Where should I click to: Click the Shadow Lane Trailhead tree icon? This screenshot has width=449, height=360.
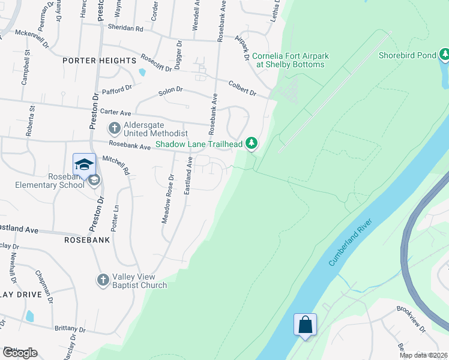253,143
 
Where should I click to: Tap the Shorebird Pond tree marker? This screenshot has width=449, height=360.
444,56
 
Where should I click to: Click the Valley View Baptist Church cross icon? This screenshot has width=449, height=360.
103,280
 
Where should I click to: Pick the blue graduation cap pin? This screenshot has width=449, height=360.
85,164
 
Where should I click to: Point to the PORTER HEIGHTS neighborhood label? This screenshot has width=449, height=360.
100,61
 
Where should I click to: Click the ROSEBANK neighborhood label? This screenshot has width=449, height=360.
87,239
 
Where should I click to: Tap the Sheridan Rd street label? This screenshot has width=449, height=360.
125,28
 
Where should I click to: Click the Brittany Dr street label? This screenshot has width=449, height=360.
68,329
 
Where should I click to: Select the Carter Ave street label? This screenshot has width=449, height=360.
115,112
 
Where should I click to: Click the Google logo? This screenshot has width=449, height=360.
20,353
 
